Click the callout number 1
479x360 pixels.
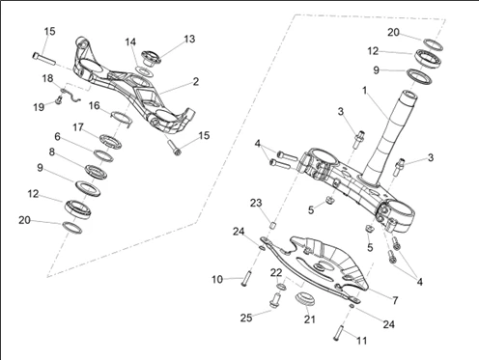[x=364, y=91]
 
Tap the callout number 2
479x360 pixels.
[x=196, y=81]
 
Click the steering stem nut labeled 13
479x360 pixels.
[x=151, y=58]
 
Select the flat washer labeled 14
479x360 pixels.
[x=144, y=71]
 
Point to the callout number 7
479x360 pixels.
[x=395, y=300]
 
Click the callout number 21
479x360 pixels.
[x=310, y=319]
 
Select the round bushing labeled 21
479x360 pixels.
[x=304, y=298]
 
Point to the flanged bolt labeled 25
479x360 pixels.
[x=274, y=300]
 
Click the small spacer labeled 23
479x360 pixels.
[x=273, y=225]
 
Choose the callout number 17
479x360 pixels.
[x=78, y=127]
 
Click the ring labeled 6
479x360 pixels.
[x=103, y=155]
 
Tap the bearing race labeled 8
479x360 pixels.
[x=96, y=172]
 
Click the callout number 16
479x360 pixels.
[x=95, y=105]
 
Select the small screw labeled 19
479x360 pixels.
[x=58, y=100]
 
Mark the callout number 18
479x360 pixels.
[x=48, y=78]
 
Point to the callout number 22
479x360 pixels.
[x=276, y=272]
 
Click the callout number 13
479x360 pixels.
[x=189, y=39]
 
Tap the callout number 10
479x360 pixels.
[x=217, y=279]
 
